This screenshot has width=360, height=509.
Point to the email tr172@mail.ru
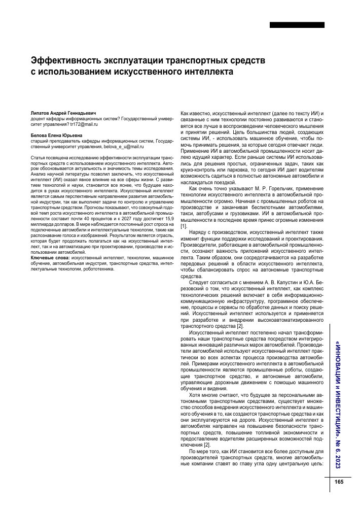click(x=84, y=124)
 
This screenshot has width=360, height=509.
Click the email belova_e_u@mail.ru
click(x=118, y=146)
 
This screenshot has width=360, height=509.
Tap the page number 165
click(x=339, y=482)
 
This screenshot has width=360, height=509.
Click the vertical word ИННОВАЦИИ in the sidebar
click(x=338, y=365)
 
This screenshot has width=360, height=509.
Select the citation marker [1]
click(x=184, y=225)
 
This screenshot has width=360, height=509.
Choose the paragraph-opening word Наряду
click(x=199, y=231)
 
